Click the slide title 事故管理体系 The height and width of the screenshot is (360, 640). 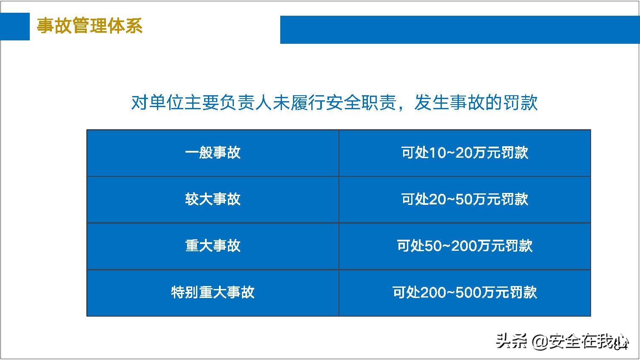(89, 26)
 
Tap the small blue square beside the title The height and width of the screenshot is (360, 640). (15, 26)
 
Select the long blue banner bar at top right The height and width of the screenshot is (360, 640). (459, 29)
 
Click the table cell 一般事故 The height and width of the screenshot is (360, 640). (213, 153)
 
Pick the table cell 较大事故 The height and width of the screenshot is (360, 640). (213, 199)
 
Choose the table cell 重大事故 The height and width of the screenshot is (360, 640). (213, 246)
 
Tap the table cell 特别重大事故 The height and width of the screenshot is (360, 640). (213, 292)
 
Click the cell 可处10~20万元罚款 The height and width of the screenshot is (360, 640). (464, 153)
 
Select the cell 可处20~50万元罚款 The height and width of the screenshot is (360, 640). (464, 199)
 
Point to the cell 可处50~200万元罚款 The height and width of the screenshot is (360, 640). (464, 246)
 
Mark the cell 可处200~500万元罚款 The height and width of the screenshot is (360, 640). (464, 292)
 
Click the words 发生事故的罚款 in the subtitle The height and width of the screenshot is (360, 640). (476, 102)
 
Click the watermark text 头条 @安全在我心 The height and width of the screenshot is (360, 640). (561, 341)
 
